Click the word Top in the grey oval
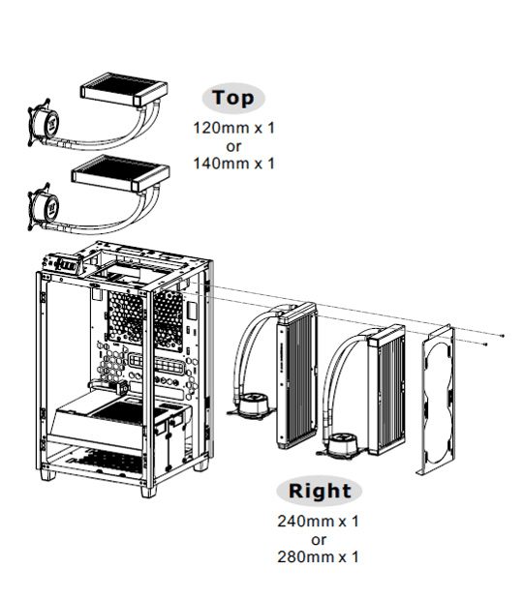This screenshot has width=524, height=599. coord(233,98)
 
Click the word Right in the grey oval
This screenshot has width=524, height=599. coord(320,491)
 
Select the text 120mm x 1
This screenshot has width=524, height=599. coord(234,128)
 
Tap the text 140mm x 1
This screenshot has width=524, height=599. coord(234,164)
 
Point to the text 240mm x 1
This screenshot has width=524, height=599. coord(319,521)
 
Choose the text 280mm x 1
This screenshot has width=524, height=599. coord(319,557)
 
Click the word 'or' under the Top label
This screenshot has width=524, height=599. coord(233,146)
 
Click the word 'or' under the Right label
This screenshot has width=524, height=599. coord(319,540)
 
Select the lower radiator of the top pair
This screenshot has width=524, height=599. coord(120,174)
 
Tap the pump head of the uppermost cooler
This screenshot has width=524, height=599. coord(43,123)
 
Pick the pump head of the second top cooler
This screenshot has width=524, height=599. coord(43,207)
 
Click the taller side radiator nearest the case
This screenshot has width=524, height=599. coord(297,374)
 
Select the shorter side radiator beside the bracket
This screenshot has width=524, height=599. coord(386,390)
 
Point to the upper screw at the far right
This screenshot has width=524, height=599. coord(503,336)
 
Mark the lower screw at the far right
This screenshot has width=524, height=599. coord(486,344)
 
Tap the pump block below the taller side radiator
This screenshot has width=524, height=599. coord(252,406)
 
